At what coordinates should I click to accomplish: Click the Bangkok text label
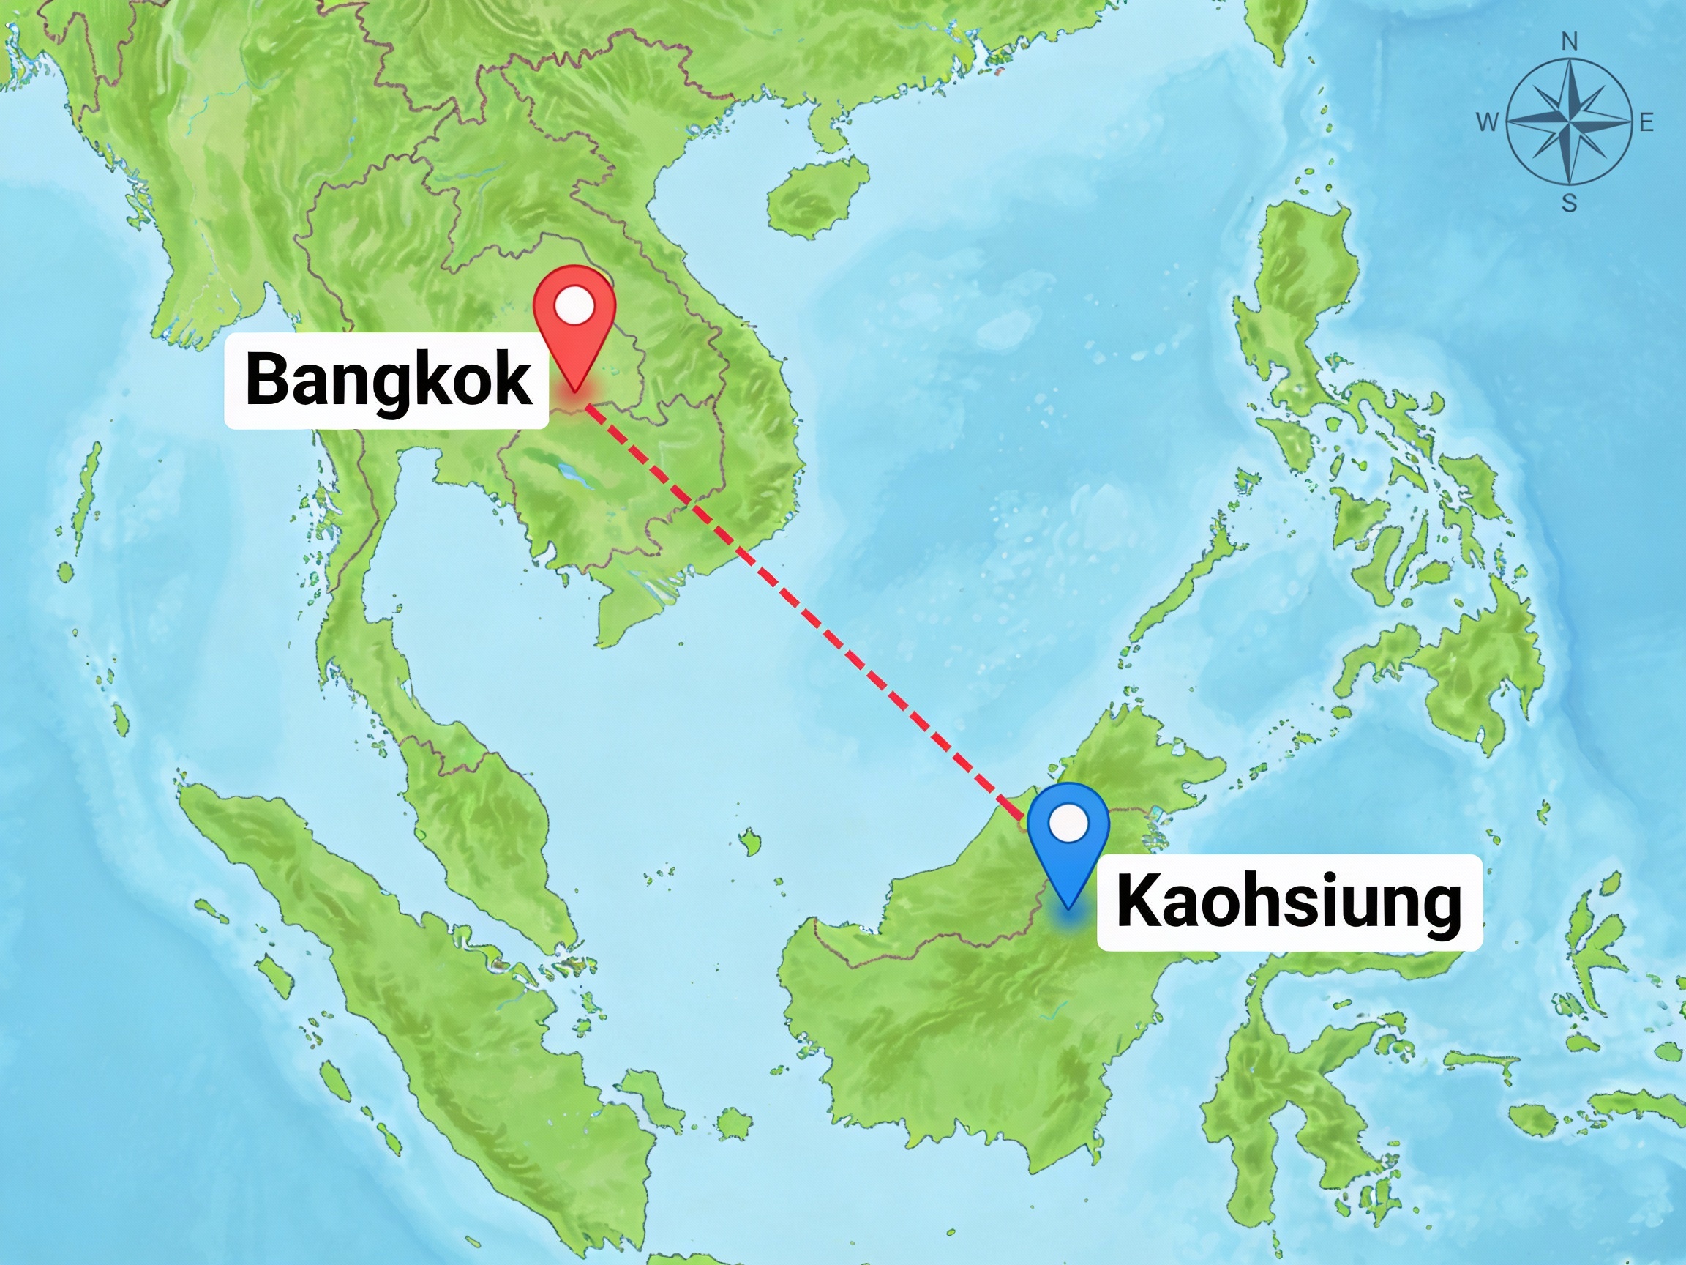pos(386,380)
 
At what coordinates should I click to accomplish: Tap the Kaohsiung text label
pos(1289,902)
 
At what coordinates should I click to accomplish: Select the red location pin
pos(574,320)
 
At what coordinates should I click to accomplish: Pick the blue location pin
pos(1068,839)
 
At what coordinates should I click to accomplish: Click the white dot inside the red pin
pos(574,306)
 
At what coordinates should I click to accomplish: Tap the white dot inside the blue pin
pos(1068,824)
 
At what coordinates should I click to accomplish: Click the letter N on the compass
pos(1570,42)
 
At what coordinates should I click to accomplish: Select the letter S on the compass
pos(1569,204)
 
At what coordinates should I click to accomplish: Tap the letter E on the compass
pos(1646,122)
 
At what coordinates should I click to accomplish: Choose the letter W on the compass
pos(1487,122)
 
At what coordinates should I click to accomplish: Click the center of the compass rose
pos(1570,122)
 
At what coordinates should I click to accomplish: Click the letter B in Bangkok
pos(264,380)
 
